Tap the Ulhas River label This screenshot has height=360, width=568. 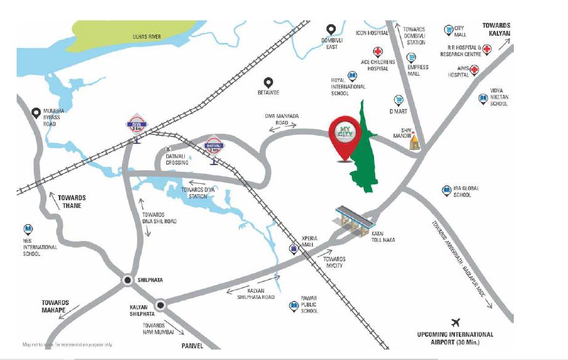pyautogui.click(x=147, y=37)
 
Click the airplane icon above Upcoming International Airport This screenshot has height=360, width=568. pyautogui.click(x=456, y=322)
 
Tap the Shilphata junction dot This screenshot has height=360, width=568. pyautogui.click(x=128, y=280)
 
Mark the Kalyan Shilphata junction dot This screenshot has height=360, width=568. pyautogui.click(x=161, y=303)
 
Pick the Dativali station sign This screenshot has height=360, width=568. pyautogui.click(x=214, y=147)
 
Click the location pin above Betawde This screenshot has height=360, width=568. pyautogui.click(x=268, y=82)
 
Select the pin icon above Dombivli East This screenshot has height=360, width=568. pyautogui.click(x=331, y=30)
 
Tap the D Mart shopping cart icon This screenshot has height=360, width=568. pyautogui.click(x=399, y=100)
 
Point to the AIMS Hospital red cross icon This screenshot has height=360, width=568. pyautogui.click(x=474, y=70)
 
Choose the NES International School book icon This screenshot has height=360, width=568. pyautogui.click(x=27, y=229)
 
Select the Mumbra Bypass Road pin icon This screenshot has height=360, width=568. pyautogui.click(x=36, y=113)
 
